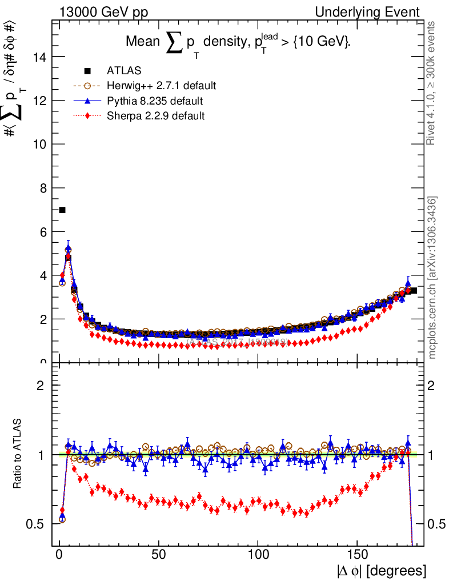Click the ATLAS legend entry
point(123,71)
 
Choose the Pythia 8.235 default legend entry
point(155,101)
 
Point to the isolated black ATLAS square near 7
point(62,210)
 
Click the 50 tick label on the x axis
point(159,554)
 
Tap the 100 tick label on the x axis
point(258,554)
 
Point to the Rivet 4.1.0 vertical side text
point(433,83)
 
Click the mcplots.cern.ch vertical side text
point(433,277)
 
